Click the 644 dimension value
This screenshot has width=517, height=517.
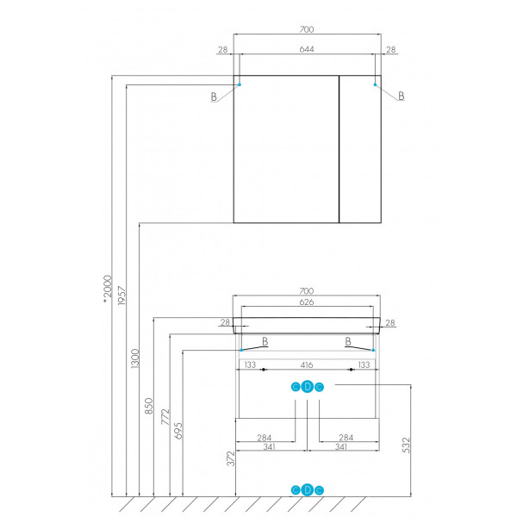click(307, 49)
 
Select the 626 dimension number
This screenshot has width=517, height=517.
click(307, 302)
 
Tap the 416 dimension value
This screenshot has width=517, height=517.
click(307, 365)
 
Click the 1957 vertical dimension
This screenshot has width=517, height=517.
click(121, 296)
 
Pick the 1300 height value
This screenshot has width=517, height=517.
click(135, 358)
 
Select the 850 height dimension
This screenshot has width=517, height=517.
click(149, 406)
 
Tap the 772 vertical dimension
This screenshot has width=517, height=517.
click(165, 417)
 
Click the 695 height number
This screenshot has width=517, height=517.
click(178, 431)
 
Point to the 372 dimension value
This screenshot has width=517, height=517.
click(231, 458)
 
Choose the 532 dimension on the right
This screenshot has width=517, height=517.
click(406, 445)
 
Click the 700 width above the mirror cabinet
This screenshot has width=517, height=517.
click(307, 29)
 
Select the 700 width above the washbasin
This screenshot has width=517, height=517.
click(307, 291)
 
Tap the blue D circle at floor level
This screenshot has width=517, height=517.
click(308, 490)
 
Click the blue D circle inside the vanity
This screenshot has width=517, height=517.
click(308, 387)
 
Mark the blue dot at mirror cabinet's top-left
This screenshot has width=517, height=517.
click(240, 84)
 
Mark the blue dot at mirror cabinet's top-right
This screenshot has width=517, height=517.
click(375, 84)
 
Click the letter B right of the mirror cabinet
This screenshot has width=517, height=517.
click(402, 96)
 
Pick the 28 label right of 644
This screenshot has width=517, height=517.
click(390, 49)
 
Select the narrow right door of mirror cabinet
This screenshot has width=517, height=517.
click(360, 149)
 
